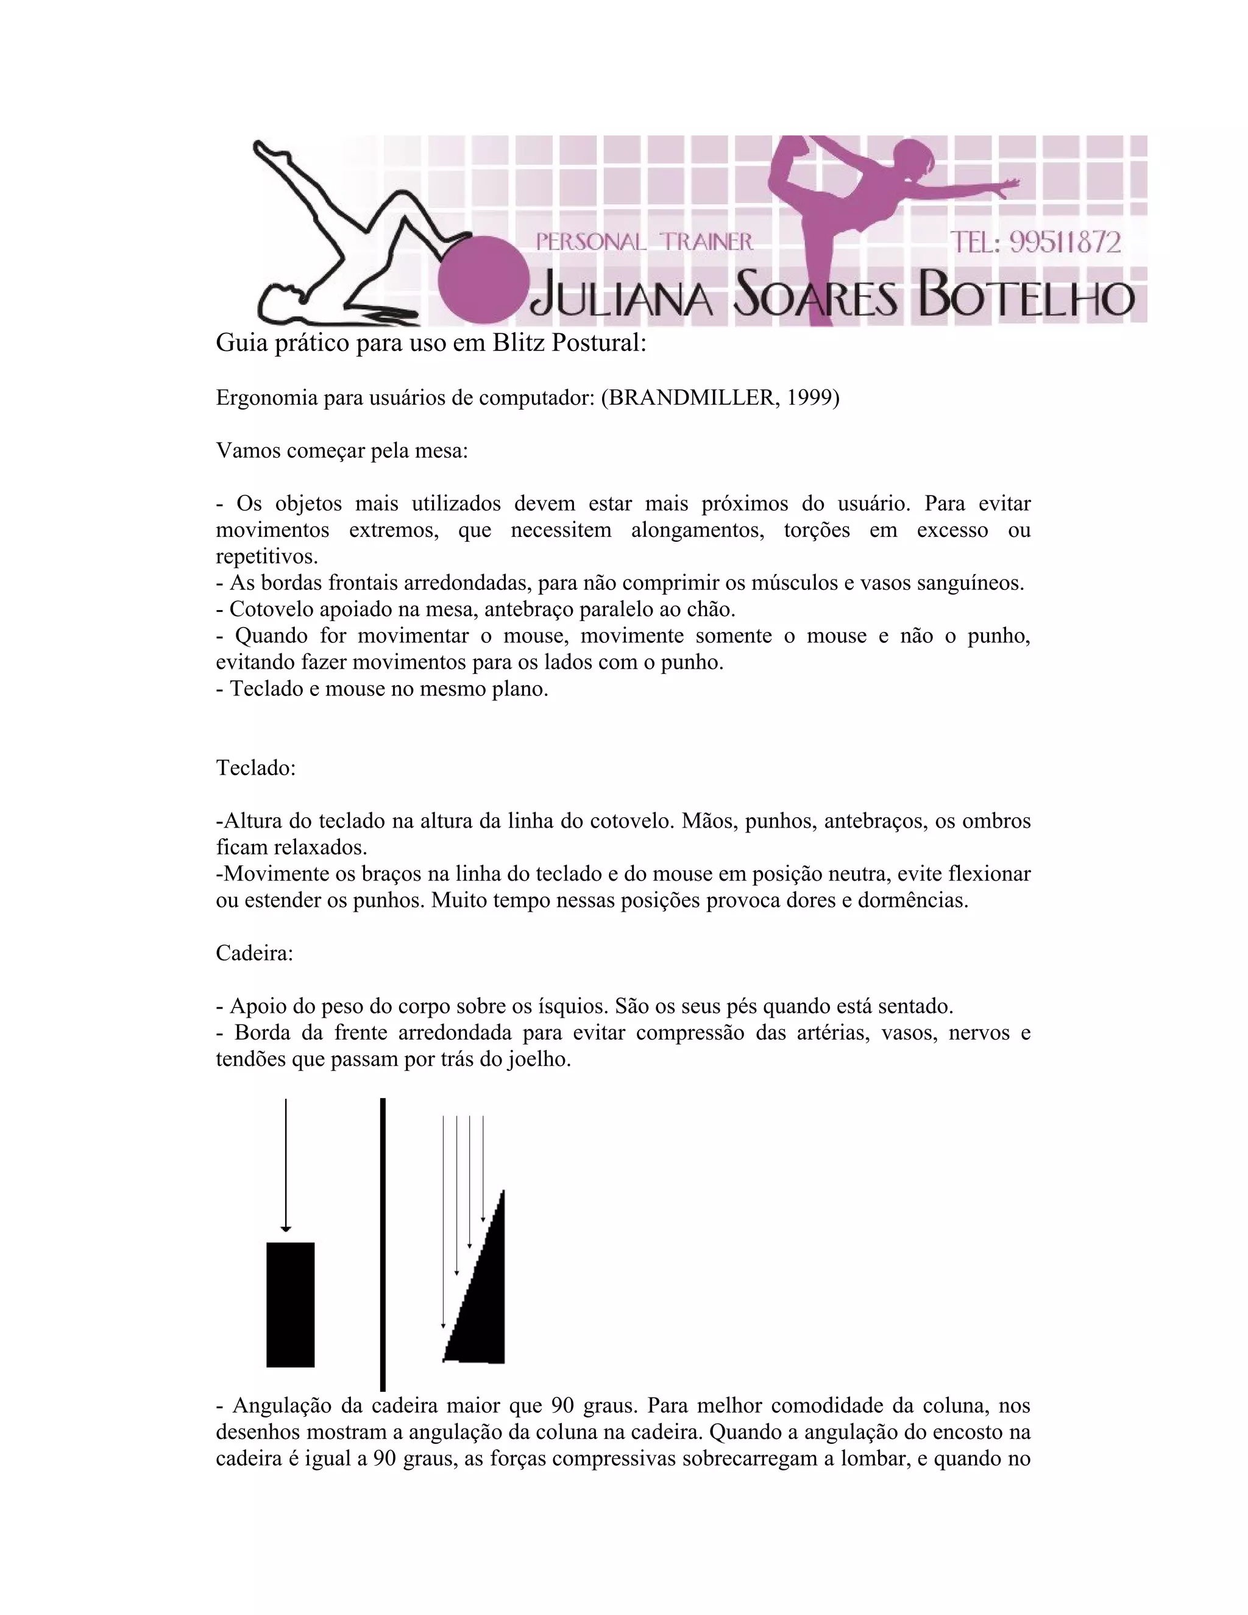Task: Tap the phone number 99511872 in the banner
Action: click(1065, 243)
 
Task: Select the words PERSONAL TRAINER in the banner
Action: click(644, 242)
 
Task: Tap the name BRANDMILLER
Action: click(690, 398)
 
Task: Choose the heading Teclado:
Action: click(256, 768)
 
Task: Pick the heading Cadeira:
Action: click(254, 953)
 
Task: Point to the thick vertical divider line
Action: click(382, 1242)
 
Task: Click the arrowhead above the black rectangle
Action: click(286, 1229)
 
